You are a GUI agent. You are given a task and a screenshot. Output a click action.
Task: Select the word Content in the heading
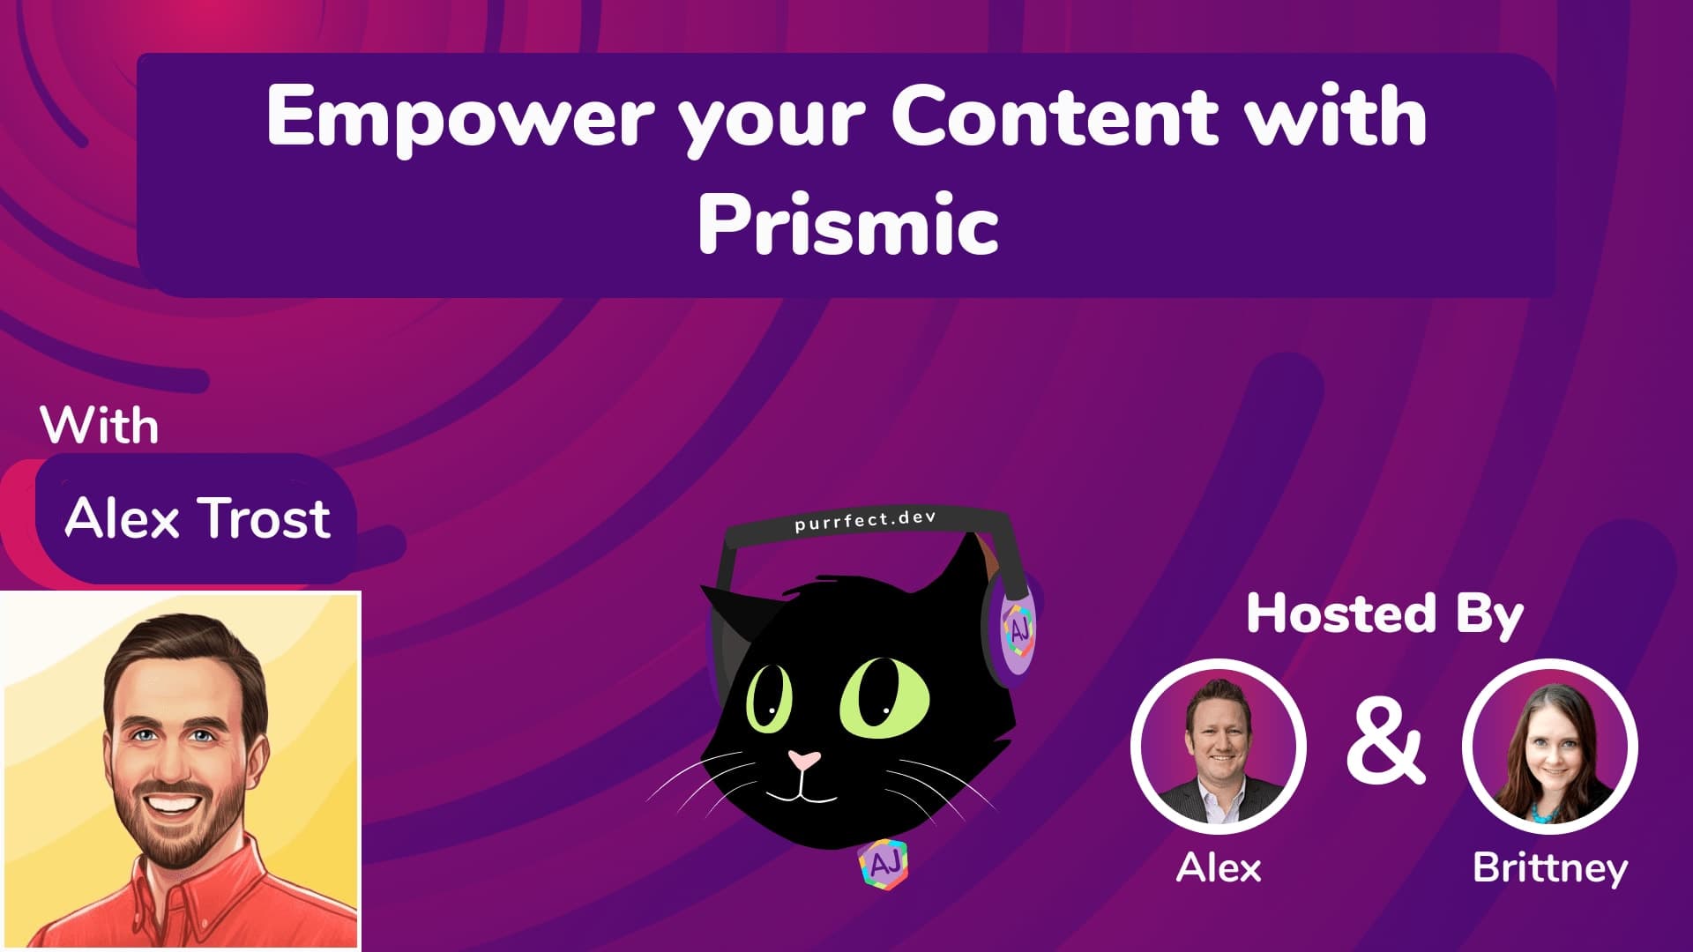[1054, 117]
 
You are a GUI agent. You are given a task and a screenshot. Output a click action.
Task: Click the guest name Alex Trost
[198, 517]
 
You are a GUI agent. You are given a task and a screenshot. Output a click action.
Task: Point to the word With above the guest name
[100, 427]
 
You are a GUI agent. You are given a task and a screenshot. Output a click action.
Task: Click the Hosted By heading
[1384, 614]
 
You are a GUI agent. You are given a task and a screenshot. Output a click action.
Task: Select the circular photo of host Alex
[1219, 746]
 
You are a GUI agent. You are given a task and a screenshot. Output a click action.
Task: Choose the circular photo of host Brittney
[1549, 746]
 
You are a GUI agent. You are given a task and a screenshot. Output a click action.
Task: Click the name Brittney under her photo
[1549, 868]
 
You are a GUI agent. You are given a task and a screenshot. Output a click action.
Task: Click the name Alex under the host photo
[1219, 868]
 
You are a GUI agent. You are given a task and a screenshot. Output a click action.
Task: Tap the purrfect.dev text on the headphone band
[864, 521]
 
